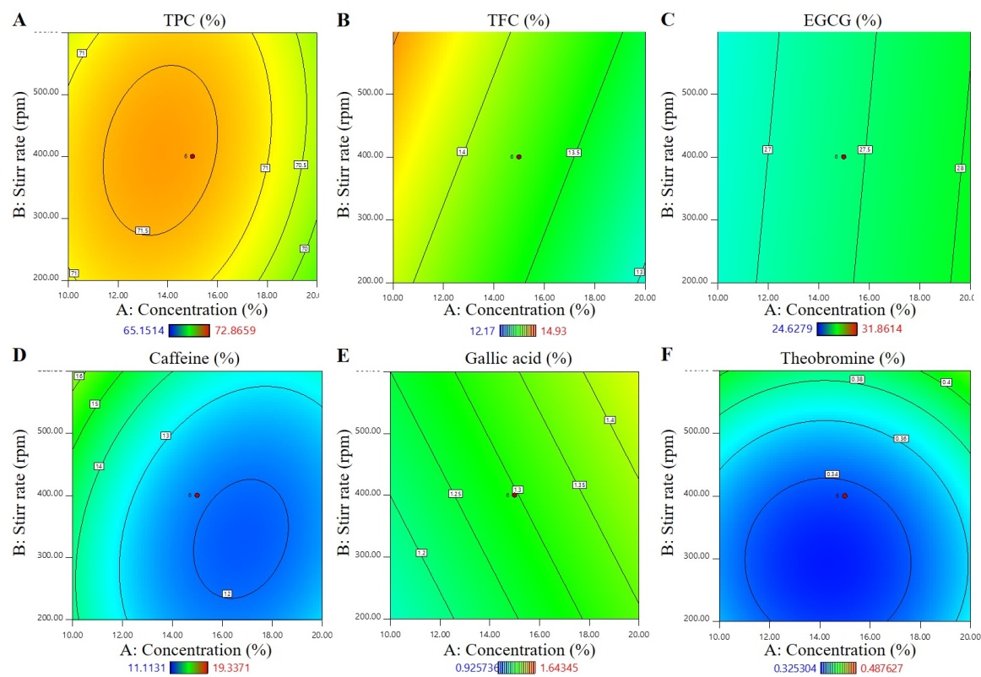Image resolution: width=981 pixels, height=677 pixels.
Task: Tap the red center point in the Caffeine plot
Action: [x=197, y=496]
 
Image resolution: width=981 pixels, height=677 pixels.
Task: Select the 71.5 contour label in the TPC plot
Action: [x=144, y=230]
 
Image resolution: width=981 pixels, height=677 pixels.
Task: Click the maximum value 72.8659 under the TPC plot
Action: [x=230, y=331]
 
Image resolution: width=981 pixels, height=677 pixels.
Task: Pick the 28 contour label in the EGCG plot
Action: [x=960, y=169]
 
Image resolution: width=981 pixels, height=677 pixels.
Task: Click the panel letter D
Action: [x=19, y=355]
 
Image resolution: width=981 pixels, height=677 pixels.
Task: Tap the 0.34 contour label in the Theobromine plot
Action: [x=832, y=474]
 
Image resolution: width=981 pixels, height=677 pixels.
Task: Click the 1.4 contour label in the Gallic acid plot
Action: [x=610, y=420]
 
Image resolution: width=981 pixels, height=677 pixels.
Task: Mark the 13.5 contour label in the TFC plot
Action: [x=575, y=153]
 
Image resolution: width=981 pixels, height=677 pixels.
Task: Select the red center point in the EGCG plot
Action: [x=843, y=156]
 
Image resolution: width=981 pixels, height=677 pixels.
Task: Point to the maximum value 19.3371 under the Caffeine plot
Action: [x=228, y=667]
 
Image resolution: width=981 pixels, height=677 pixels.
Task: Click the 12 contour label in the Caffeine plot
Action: [x=227, y=593]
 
